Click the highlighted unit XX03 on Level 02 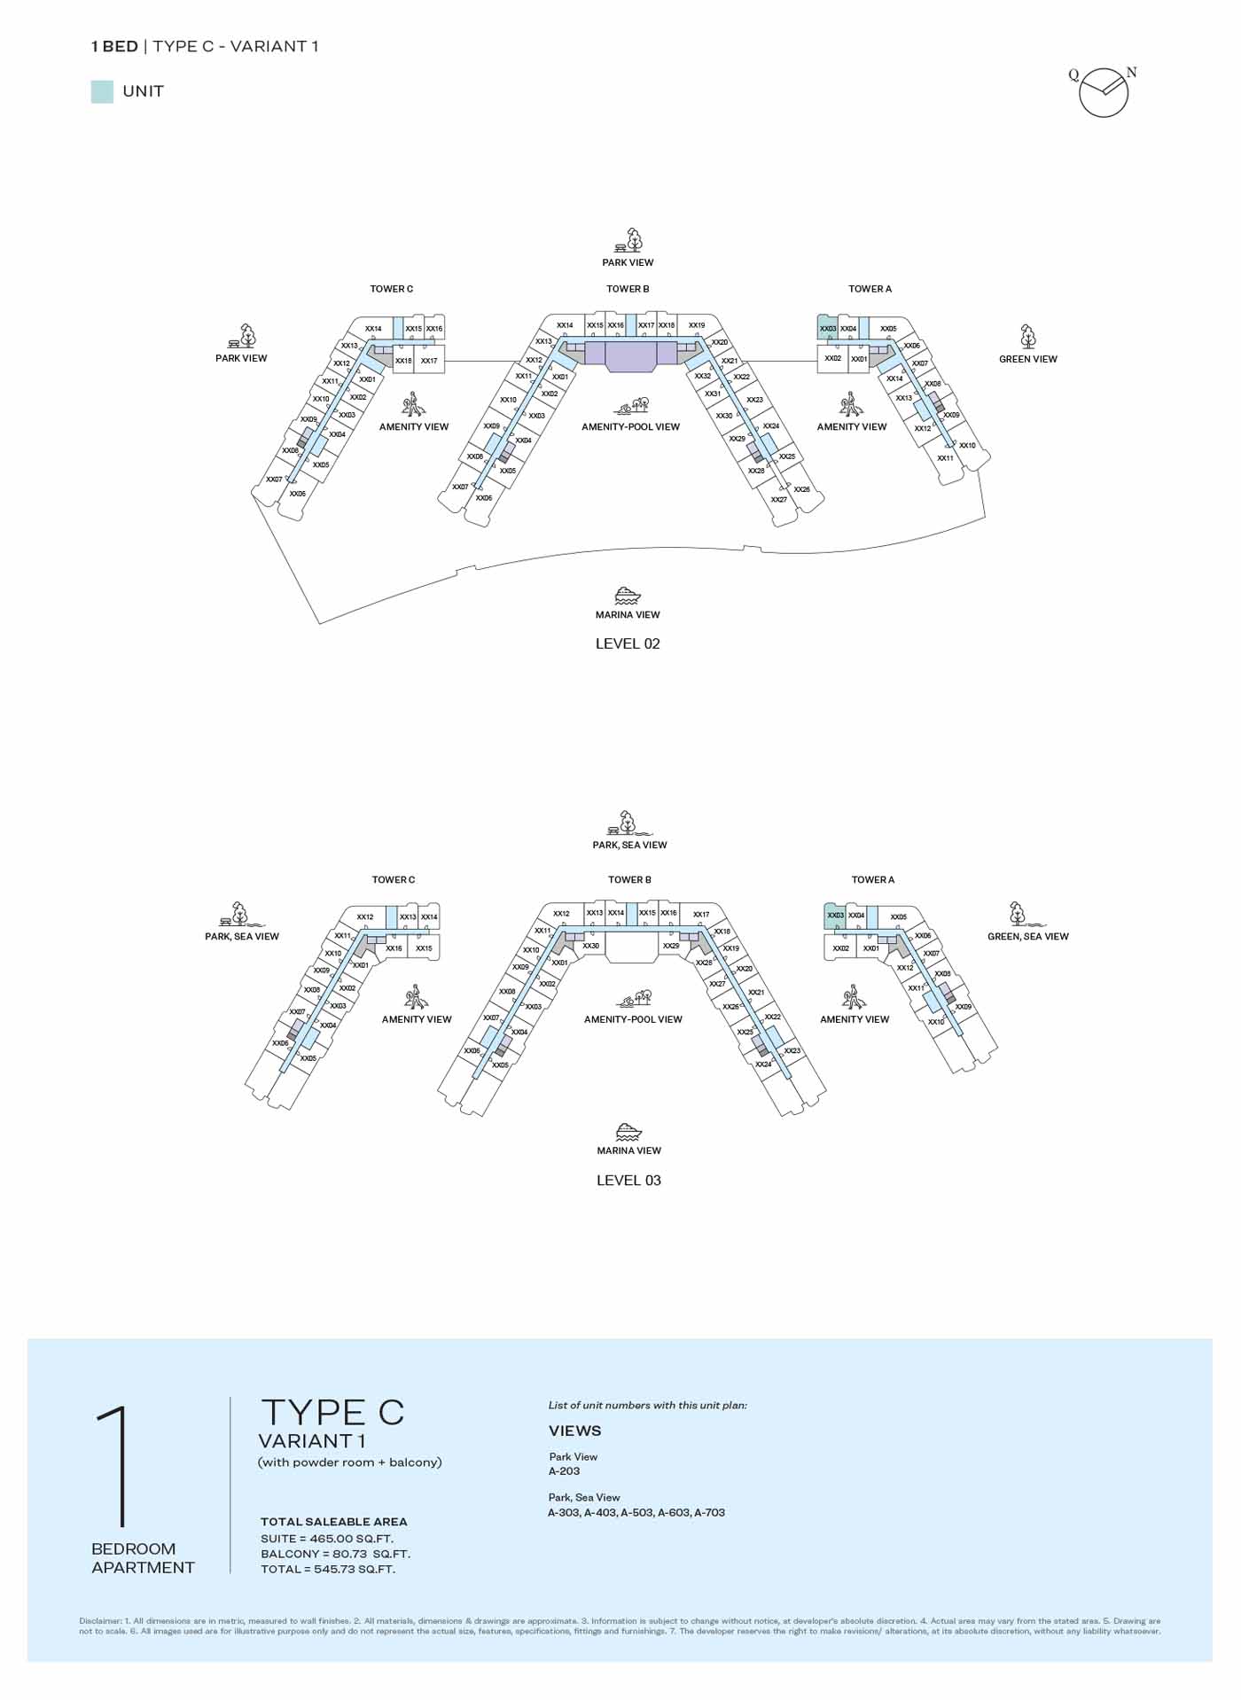tap(827, 328)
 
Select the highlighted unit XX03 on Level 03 tap(834, 916)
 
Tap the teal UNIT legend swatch tap(102, 91)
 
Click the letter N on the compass tap(1131, 73)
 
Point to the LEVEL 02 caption tap(628, 643)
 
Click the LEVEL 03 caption tap(628, 1180)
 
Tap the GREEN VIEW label tap(1027, 359)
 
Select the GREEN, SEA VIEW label tap(1027, 936)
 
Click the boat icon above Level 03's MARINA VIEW tap(628, 1131)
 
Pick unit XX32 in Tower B tap(702, 376)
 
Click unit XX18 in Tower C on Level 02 tap(403, 361)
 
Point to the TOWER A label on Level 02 tap(870, 289)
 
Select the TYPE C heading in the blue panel tap(332, 1413)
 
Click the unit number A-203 tap(564, 1470)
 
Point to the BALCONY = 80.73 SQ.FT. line tap(335, 1554)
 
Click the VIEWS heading tap(574, 1431)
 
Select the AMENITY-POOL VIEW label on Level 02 tap(630, 426)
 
